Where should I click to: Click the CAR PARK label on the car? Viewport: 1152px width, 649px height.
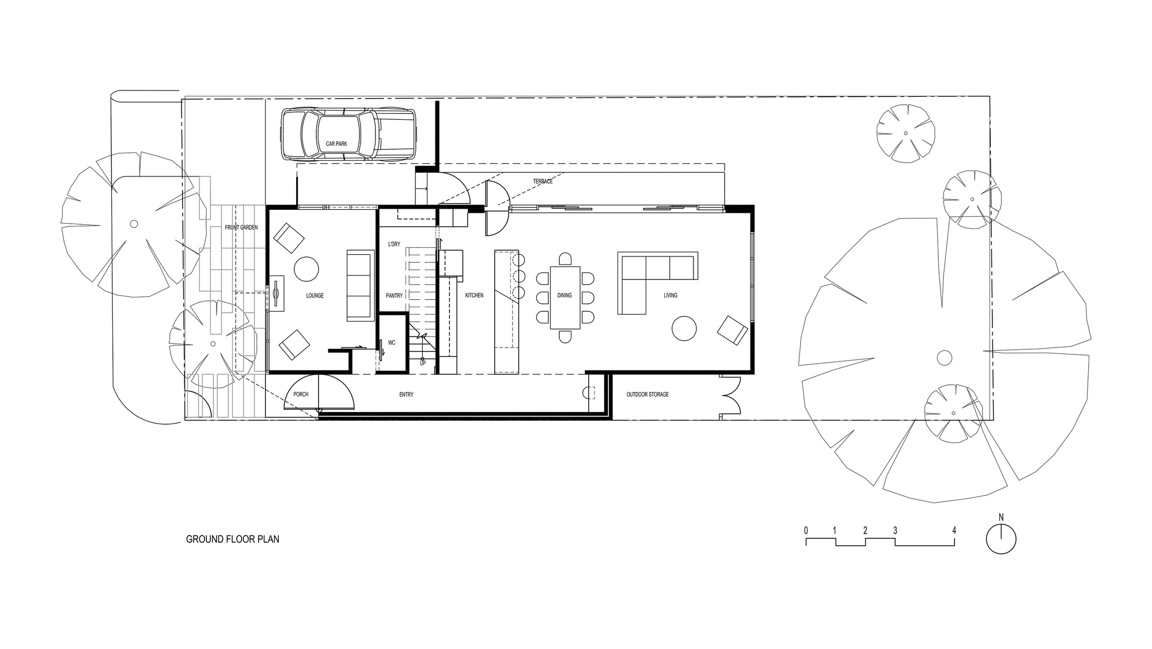336,144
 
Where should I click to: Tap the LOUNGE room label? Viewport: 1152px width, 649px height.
314,296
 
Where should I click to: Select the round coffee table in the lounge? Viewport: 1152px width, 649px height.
306,269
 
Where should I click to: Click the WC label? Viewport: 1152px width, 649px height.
392,343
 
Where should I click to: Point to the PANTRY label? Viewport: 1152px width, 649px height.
395,296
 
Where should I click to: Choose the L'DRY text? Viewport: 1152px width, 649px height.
394,244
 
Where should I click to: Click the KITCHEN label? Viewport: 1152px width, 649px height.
474,296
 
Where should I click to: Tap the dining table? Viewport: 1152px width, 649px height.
565,297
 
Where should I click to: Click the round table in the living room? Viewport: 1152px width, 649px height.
684,329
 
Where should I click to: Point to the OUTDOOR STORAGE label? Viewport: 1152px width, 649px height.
647,395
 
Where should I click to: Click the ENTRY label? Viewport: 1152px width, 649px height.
406,395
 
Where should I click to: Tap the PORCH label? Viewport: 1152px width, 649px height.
301,395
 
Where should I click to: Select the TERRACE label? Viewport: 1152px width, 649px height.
543,182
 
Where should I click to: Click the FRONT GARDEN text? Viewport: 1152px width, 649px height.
241,228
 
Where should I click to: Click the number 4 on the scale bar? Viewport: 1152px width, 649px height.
954,530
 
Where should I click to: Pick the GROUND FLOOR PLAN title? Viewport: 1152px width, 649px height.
233,539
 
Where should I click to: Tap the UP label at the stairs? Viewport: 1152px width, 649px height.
423,363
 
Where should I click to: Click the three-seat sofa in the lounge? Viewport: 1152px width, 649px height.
359,286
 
